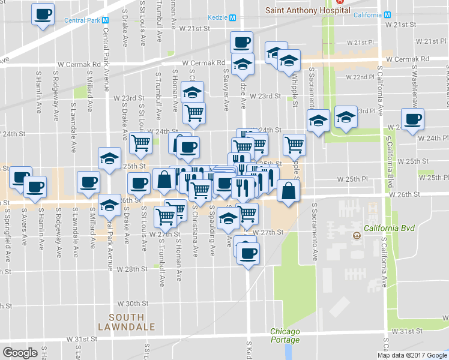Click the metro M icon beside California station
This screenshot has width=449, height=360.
(387, 15)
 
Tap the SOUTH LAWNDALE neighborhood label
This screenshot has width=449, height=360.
(127, 322)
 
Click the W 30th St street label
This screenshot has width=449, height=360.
(133, 304)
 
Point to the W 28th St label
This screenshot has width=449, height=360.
(132, 269)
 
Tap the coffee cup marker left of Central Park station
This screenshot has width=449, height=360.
(43, 15)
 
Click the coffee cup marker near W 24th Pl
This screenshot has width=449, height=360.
(412, 119)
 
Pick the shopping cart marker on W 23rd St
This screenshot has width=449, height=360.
(193, 113)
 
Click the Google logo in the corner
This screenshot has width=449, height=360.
(20, 352)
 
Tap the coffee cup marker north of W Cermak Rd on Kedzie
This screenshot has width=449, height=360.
(241, 43)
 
